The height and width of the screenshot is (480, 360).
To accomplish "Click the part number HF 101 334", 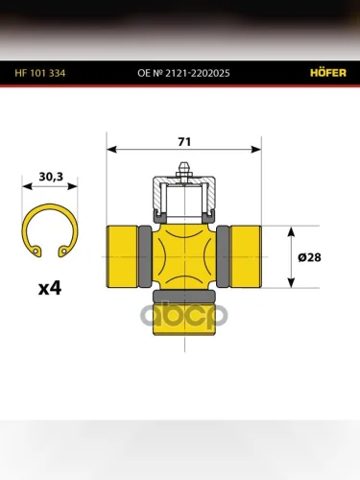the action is pyautogui.click(x=40, y=73).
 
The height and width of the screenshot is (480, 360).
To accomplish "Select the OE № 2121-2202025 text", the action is pyautogui.click(x=183, y=73).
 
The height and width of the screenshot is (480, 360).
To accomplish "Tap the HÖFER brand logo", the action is pyautogui.click(x=328, y=73).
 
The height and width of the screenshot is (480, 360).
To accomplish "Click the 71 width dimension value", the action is pyautogui.click(x=184, y=142).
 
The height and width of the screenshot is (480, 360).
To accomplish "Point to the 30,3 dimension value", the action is pyautogui.click(x=51, y=177).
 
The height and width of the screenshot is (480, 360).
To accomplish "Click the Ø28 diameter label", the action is pyautogui.click(x=309, y=257).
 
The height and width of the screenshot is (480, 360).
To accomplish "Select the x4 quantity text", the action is pyautogui.click(x=50, y=288).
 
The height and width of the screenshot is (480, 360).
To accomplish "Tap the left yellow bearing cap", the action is pyautogui.click(x=122, y=256).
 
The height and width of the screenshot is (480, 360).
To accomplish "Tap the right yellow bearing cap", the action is pyautogui.click(x=246, y=256).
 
